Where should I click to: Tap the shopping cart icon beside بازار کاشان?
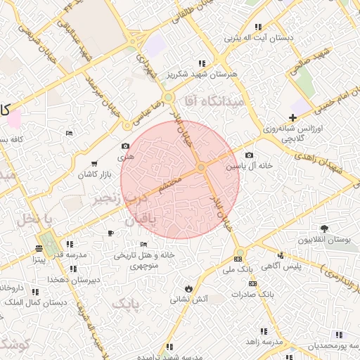[95, 164]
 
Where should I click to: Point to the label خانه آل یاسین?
[244, 167]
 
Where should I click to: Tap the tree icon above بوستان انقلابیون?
[324, 229]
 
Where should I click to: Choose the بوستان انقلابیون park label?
[324, 240]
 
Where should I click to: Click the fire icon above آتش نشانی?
[188, 288]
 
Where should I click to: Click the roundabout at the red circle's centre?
[201, 167]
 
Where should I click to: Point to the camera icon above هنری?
[125, 146]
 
